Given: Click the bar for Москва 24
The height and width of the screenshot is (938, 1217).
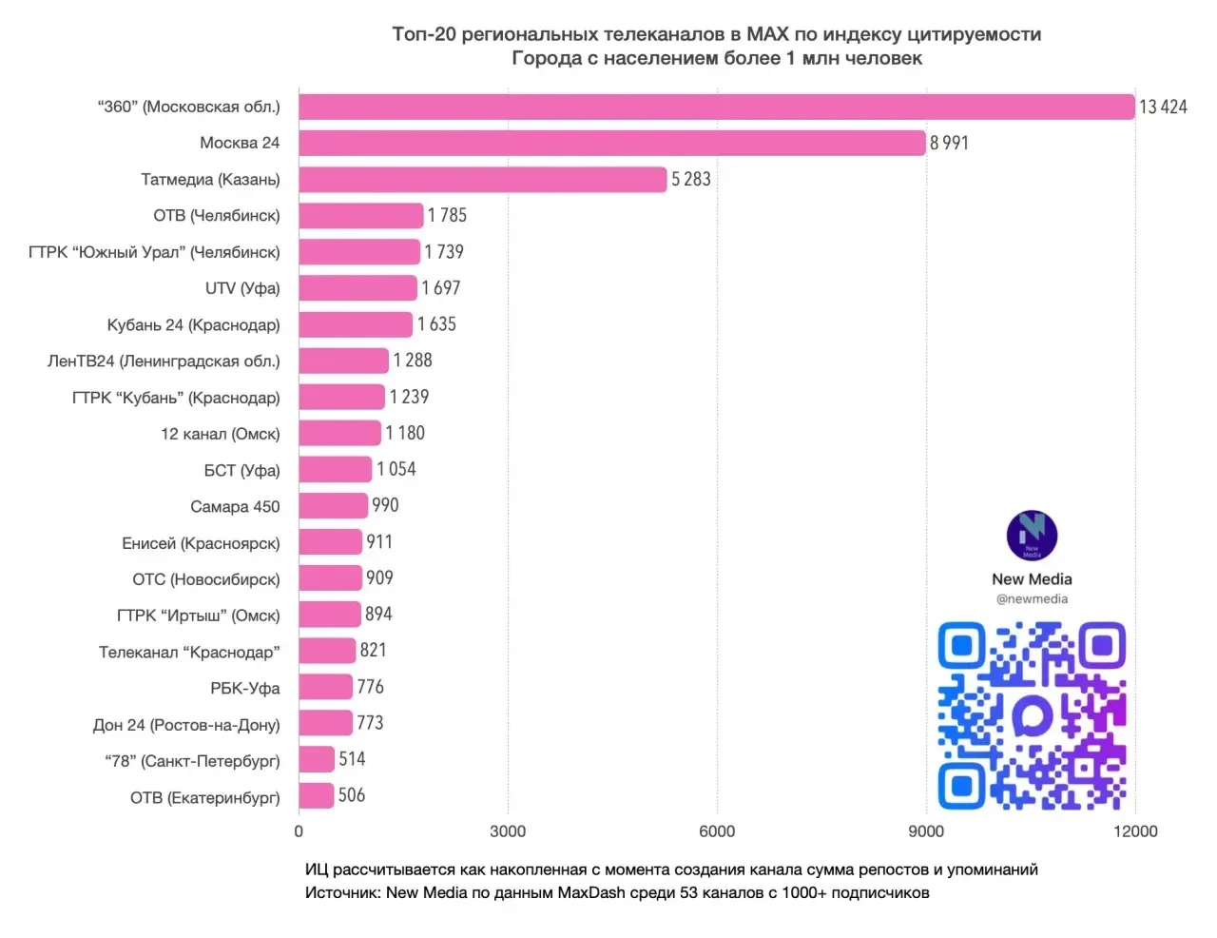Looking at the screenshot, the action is tap(611, 143).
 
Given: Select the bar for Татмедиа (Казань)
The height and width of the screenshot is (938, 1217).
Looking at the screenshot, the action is tap(483, 179).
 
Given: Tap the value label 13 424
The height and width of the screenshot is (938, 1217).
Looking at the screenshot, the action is tap(1163, 107).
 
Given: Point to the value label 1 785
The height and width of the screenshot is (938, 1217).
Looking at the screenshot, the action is tap(447, 215).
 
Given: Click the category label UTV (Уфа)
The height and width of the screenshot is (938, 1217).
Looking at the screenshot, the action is tap(242, 288).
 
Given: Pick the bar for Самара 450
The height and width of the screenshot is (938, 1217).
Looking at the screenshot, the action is tap(333, 506).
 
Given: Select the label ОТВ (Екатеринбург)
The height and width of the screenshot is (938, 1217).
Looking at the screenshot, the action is tap(205, 797).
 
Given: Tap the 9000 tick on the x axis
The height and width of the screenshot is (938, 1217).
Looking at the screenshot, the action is tap(926, 831).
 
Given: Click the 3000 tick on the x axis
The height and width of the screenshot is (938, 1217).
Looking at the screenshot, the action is tap(508, 831).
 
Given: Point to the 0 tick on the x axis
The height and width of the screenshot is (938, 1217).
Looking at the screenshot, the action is tap(299, 831).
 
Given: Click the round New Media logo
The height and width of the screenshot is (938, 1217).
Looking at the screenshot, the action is tap(1032, 536).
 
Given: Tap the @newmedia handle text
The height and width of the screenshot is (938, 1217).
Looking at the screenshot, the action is tap(1032, 599).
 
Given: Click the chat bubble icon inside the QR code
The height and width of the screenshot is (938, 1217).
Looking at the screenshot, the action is tap(1033, 715).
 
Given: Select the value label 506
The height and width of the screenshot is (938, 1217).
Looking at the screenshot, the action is tap(352, 795).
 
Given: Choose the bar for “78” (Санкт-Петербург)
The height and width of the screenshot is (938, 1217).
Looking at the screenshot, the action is tap(317, 760).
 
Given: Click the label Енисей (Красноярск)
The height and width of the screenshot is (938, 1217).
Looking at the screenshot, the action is tap(201, 543).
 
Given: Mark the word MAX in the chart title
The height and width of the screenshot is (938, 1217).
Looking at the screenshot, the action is tap(768, 34).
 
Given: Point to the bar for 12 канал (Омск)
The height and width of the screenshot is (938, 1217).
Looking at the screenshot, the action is tap(340, 433).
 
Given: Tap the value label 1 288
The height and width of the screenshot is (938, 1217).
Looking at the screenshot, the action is tap(413, 361).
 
